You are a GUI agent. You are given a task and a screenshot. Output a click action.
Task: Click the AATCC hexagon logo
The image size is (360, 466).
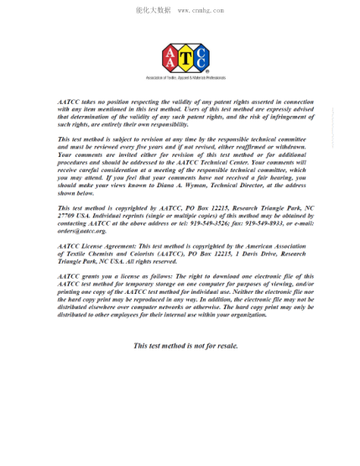point(185,59)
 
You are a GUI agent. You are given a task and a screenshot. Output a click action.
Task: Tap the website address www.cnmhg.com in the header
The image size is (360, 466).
point(202,10)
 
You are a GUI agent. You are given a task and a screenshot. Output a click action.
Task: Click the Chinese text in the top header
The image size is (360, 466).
point(153,10)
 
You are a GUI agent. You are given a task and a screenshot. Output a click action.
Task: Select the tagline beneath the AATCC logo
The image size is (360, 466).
point(185,78)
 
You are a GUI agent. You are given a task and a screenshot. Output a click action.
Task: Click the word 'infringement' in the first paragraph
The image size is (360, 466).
point(269,116)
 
